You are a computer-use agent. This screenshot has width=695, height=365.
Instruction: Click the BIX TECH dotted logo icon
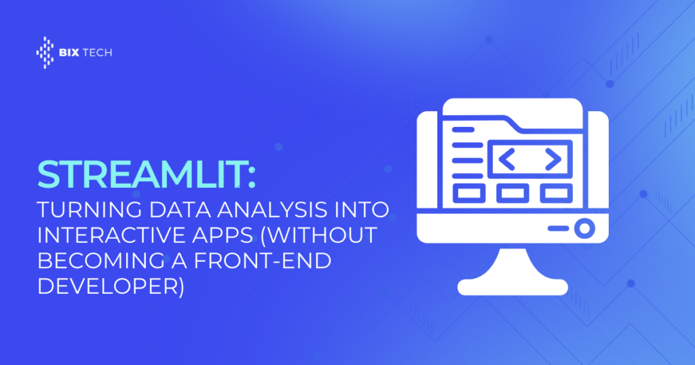(x=45, y=52)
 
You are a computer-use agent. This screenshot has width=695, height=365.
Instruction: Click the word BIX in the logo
(x=69, y=53)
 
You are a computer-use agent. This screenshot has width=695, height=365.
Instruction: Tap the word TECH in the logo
(x=98, y=53)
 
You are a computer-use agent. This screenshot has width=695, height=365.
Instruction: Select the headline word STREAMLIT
(x=141, y=174)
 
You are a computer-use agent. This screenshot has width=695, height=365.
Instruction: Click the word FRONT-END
(x=263, y=261)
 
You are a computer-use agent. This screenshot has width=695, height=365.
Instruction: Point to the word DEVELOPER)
(x=111, y=286)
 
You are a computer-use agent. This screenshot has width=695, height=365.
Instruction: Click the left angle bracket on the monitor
(x=507, y=159)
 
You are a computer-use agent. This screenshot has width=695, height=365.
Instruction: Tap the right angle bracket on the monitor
(x=554, y=159)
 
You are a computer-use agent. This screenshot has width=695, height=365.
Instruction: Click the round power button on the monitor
(x=584, y=228)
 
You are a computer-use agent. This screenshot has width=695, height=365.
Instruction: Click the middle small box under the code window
(x=512, y=193)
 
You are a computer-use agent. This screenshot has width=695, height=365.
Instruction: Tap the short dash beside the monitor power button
(x=559, y=229)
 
